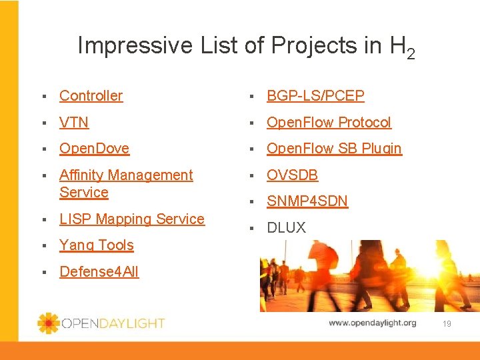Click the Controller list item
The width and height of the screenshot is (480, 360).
91,95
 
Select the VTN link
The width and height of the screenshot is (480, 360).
74,122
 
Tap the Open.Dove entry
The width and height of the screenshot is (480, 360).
94,149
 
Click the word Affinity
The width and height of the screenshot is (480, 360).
80,175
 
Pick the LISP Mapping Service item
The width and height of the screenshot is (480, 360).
131,219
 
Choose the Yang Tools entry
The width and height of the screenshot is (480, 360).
96,245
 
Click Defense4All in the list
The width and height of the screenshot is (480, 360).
99,271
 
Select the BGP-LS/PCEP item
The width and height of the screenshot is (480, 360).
315,95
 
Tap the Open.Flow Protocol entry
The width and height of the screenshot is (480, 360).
329,122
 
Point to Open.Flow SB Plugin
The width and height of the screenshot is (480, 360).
334,149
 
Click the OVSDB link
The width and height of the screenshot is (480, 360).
292,175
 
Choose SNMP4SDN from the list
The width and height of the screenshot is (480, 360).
307,201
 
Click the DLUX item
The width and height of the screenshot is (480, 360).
286,227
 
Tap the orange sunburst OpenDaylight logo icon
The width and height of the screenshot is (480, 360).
48,323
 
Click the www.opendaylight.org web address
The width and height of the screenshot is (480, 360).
372,323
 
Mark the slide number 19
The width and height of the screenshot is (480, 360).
447,323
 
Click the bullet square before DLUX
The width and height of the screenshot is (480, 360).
252,228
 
